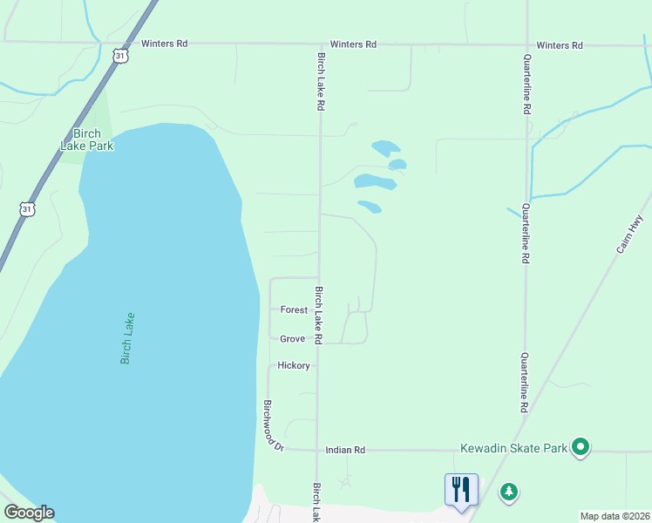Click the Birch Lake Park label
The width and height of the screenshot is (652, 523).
(87, 139)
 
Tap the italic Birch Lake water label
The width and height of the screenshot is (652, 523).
(127, 337)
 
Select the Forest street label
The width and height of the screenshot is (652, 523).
(294, 309)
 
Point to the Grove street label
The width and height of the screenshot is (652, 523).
(292, 338)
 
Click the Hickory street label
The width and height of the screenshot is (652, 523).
(295, 365)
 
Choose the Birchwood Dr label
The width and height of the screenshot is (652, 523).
(273, 425)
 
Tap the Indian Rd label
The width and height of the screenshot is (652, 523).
(344, 450)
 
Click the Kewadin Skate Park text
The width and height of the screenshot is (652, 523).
(513, 449)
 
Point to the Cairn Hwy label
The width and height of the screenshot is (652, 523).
(628, 234)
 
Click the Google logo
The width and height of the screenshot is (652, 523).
(29, 513)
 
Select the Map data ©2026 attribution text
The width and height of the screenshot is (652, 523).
(614, 516)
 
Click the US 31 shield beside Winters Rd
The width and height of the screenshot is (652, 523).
(121, 55)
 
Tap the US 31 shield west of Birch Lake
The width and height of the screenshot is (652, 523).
(28, 209)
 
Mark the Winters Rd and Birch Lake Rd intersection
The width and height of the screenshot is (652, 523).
(320, 44)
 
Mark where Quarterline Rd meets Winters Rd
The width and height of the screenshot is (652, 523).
(526, 44)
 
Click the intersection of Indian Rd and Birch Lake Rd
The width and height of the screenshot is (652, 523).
(316, 450)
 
